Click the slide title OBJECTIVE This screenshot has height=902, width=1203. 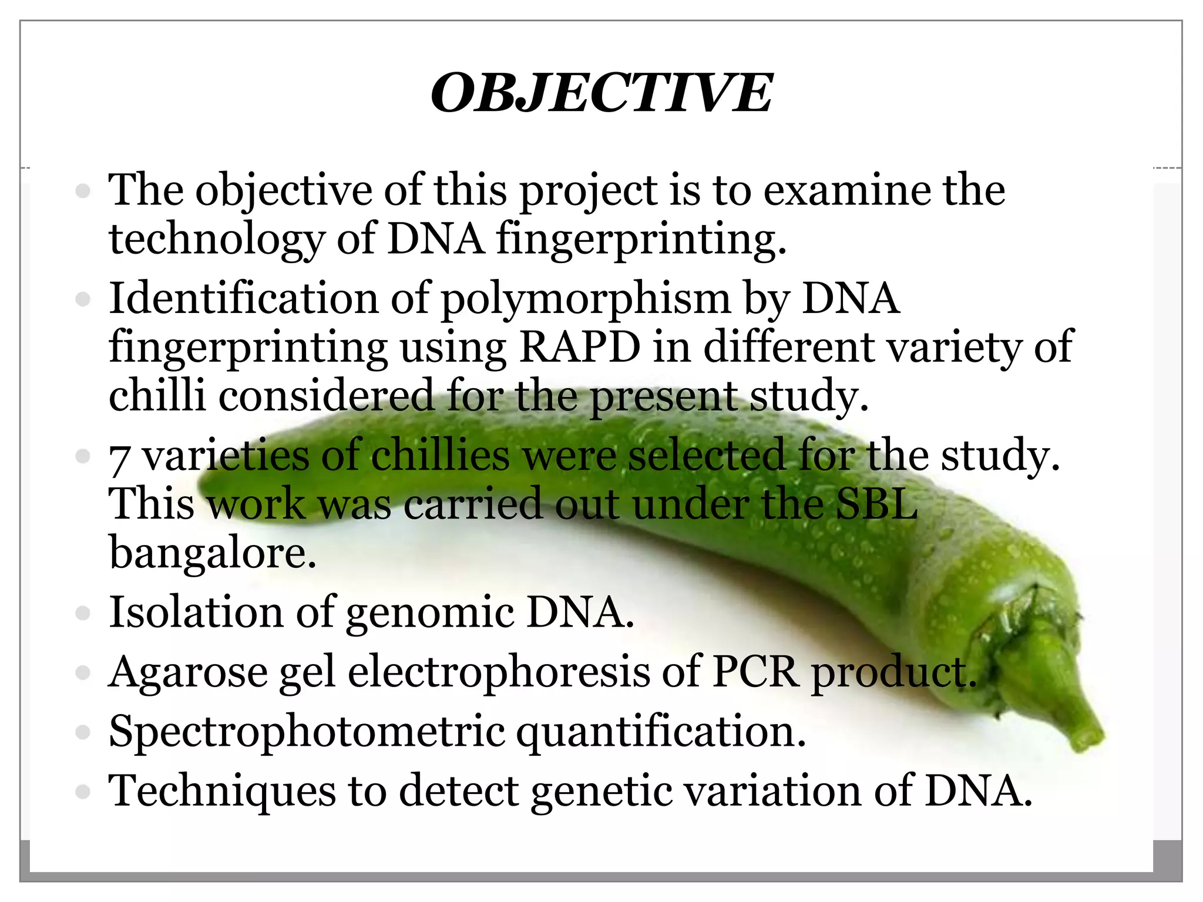point(601,93)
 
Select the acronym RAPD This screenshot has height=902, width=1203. point(580,347)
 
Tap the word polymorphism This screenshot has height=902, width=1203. point(585,299)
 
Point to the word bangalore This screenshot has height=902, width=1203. point(213,553)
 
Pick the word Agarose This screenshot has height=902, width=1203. point(188,672)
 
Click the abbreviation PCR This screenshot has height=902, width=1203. point(755,672)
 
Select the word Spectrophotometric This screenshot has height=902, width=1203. point(307,732)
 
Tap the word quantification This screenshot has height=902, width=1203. point(661,732)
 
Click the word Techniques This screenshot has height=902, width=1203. point(222,792)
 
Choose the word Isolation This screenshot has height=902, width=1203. point(196,612)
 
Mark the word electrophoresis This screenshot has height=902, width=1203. point(499,672)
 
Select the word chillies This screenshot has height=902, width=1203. point(441,456)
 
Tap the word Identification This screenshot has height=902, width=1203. point(243,299)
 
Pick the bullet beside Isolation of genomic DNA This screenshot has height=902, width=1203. point(83,614)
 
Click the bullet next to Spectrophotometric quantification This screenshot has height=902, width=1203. point(83,732)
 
